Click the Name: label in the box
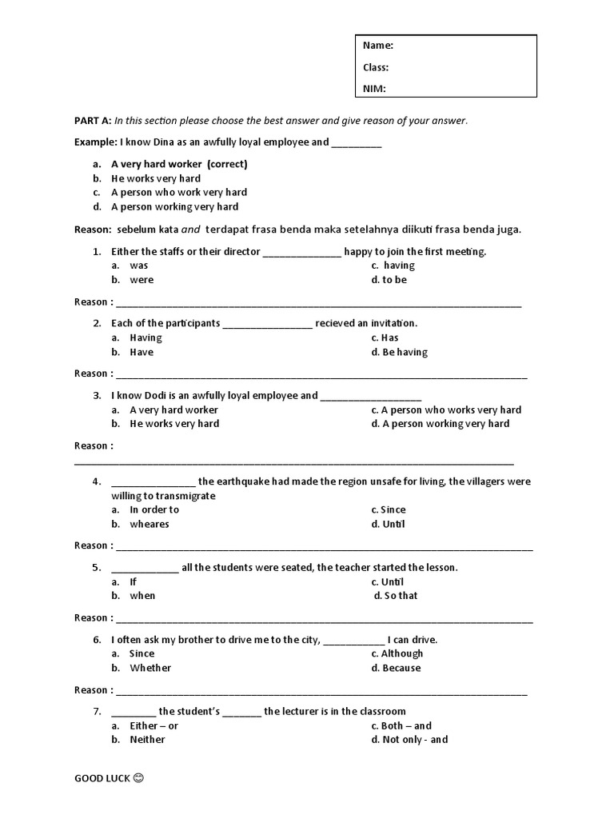click(x=378, y=46)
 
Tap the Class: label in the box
click(x=377, y=67)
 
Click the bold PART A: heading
click(x=93, y=121)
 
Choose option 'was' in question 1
click(x=139, y=266)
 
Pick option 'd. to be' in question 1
click(x=389, y=280)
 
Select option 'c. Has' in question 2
click(x=385, y=338)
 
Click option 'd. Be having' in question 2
click(x=399, y=352)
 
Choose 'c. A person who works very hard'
click(x=445, y=409)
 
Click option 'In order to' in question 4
click(x=154, y=509)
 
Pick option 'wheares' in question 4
click(x=150, y=524)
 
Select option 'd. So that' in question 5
click(x=396, y=596)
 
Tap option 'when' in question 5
click(x=142, y=596)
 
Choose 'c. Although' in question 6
click(x=397, y=653)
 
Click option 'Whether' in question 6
click(x=150, y=668)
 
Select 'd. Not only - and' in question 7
click(x=409, y=740)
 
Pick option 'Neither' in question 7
click(x=147, y=740)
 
